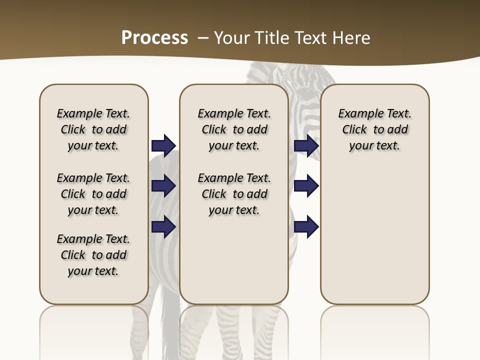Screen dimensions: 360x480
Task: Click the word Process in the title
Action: (x=154, y=38)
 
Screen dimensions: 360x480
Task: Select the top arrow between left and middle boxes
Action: (x=163, y=145)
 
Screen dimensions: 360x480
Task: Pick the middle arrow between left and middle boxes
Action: (x=163, y=186)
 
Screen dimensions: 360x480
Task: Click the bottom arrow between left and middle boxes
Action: (x=163, y=226)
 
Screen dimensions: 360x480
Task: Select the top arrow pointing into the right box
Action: (x=306, y=145)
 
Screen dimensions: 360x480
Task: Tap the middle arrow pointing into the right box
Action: (x=306, y=186)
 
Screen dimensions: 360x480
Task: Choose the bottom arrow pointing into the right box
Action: (x=306, y=226)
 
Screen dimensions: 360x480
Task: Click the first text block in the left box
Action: (x=93, y=129)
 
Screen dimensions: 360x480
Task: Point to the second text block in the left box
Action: (x=93, y=194)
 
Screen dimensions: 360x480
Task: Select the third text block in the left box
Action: (x=93, y=255)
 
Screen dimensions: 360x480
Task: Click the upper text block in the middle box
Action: (x=234, y=129)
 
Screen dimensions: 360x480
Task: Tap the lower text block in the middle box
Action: (x=234, y=194)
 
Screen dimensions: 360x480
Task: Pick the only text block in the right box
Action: (x=374, y=129)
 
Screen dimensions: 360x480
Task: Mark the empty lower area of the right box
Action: (x=374, y=235)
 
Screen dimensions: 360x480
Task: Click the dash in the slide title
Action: (x=203, y=38)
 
